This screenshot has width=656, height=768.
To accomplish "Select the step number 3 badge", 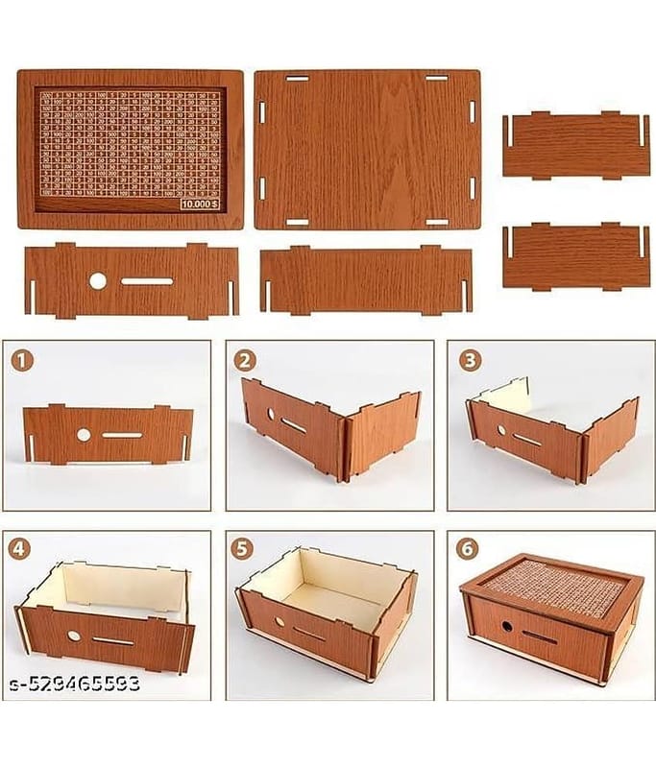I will coord(469,361).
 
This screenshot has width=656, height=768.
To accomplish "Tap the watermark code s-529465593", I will coord(73,684).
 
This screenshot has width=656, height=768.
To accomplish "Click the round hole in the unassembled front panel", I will coord(98,281).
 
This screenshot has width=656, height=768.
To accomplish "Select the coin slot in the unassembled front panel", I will coord(147,281).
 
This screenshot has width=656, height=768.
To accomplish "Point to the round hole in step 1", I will coord(84,435).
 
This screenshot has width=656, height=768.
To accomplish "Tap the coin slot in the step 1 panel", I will coord(122,435).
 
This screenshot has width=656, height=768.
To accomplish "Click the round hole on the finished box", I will coord(506,626).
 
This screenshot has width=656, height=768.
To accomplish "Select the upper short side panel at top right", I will coord(576,145).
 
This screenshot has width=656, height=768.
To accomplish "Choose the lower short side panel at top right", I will coord(576,255).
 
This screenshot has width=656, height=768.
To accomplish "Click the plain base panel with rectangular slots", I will coord(367,149).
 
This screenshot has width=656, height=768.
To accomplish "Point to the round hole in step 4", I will coord(74,636).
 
